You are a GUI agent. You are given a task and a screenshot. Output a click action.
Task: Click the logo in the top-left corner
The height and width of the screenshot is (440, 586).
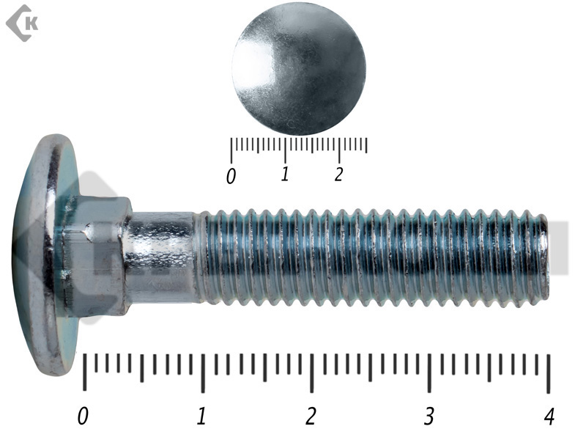click(x=22, y=23)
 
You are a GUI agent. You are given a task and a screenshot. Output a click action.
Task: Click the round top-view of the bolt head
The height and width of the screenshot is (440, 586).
click(x=299, y=68)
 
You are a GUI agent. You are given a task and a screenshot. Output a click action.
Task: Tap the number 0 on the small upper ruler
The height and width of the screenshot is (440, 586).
click(x=231, y=176)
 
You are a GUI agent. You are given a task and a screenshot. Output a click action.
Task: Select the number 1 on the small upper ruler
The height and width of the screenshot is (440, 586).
click(x=285, y=174)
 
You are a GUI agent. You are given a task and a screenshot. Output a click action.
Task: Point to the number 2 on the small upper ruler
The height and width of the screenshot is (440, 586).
click(x=338, y=175)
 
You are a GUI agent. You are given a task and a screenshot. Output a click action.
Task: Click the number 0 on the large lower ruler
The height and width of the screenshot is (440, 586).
click(x=83, y=416)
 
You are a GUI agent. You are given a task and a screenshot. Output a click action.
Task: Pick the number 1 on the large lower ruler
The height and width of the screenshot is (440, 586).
click(x=201, y=416)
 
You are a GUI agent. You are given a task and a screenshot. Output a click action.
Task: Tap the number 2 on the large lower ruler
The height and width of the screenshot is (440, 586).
click(x=311, y=416)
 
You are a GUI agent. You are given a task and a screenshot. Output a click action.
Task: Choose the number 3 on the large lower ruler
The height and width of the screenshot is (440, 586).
click(x=429, y=416)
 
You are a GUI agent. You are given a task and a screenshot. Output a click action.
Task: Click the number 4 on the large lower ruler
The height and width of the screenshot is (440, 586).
click(x=549, y=416)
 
